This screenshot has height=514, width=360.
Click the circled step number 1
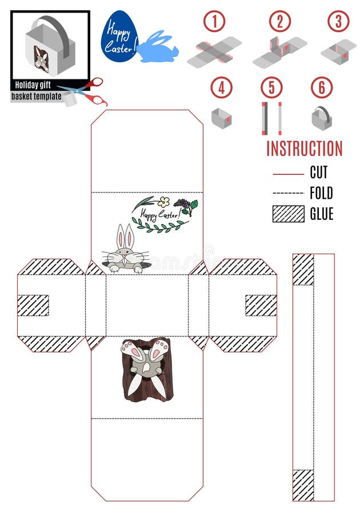pyautogui.click(x=214, y=21)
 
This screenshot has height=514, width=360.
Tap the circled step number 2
pyautogui.click(x=279, y=21)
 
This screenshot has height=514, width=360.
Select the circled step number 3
pyautogui.click(x=338, y=21)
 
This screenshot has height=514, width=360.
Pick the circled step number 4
pyautogui.click(x=221, y=87)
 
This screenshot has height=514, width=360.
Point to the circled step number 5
pyautogui.click(x=271, y=87)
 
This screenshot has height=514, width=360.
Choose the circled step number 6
pyautogui.click(x=322, y=87)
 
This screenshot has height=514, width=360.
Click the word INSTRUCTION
pyautogui.click(x=304, y=148)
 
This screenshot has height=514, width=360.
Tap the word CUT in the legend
pyautogui.click(x=319, y=172)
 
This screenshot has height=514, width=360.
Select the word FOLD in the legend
pyautogui.click(x=321, y=193)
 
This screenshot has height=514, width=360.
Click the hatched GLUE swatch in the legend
pyautogui.click(x=289, y=214)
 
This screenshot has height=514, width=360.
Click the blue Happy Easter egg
pyautogui.click(x=119, y=36)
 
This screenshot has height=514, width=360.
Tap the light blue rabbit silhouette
pyautogui.click(x=158, y=47)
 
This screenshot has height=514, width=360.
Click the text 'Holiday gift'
pyautogui.click(x=33, y=85)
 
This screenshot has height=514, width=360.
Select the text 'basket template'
pyautogui.click(x=37, y=97)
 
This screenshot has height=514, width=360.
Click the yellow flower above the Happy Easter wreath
pyautogui.click(x=163, y=202)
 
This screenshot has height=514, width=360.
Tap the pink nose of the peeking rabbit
pyautogui.click(x=123, y=255)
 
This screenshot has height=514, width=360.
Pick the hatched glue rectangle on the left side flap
pyautogui.click(x=33, y=305)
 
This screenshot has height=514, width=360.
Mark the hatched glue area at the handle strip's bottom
pyautogui.click(x=303, y=485)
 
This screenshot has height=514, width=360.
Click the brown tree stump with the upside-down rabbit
pyautogui.click(x=147, y=370)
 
